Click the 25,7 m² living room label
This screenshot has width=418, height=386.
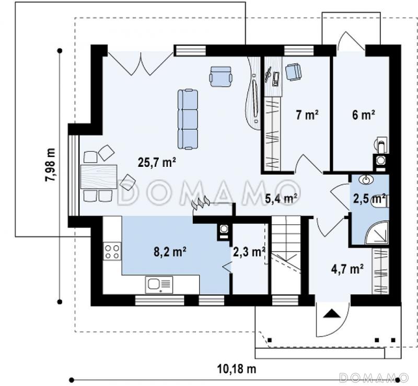pyautogui.click(x=157, y=162)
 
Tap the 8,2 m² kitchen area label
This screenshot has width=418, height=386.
pyautogui.click(x=170, y=252)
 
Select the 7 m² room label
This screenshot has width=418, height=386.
pyautogui.click(x=307, y=115)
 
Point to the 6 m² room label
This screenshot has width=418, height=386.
pyautogui.click(x=364, y=115)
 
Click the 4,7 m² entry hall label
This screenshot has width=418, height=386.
pyautogui.click(x=347, y=269)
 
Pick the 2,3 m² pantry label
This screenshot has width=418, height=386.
pyautogui.click(x=249, y=252)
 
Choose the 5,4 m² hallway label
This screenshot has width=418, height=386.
pyautogui.click(x=281, y=199)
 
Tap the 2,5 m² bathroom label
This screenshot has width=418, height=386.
pyautogui.click(x=369, y=199)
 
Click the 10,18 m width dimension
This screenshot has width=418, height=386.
pyautogui.click(x=237, y=369)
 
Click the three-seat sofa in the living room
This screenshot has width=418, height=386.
pyautogui.click(x=188, y=119)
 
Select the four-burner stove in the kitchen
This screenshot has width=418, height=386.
pyautogui.click(x=112, y=252)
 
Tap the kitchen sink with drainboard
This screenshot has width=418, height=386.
pyautogui.click(x=159, y=285)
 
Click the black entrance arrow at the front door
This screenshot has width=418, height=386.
pyautogui.click(x=332, y=313)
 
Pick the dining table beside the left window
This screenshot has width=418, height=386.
pyautogui.click(x=99, y=177)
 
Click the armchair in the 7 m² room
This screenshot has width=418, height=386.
pyautogui.click(x=294, y=72)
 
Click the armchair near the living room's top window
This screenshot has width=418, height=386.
pyautogui.click(x=220, y=76)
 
